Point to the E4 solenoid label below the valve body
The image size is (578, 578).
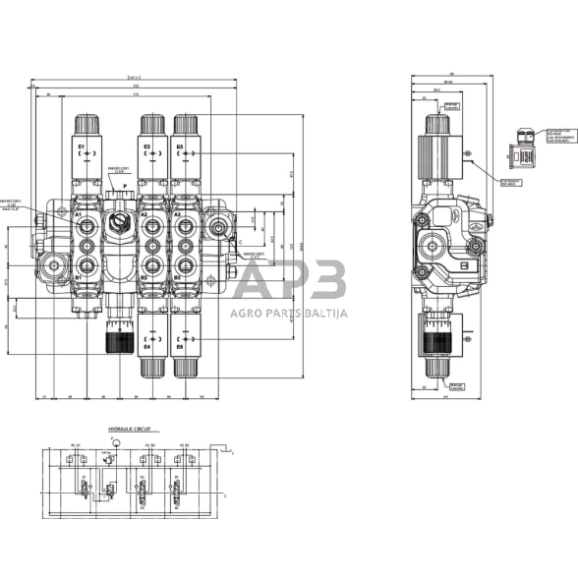coord(147,346)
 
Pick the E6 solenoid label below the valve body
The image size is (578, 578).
coord(179,346)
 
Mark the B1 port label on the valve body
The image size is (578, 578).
coord(78,278)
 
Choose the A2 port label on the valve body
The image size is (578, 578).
coord(144,213)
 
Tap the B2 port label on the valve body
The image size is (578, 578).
coord(144,278)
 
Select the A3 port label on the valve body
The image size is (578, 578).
coord(177,213)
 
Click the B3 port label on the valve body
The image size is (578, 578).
coord(177,278)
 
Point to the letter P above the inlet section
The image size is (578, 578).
coord(125,185)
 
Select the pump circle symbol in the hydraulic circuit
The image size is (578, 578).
coord(114,444)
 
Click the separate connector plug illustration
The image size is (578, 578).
coord(526,154)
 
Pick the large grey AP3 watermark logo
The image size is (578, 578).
coord(289,282)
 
